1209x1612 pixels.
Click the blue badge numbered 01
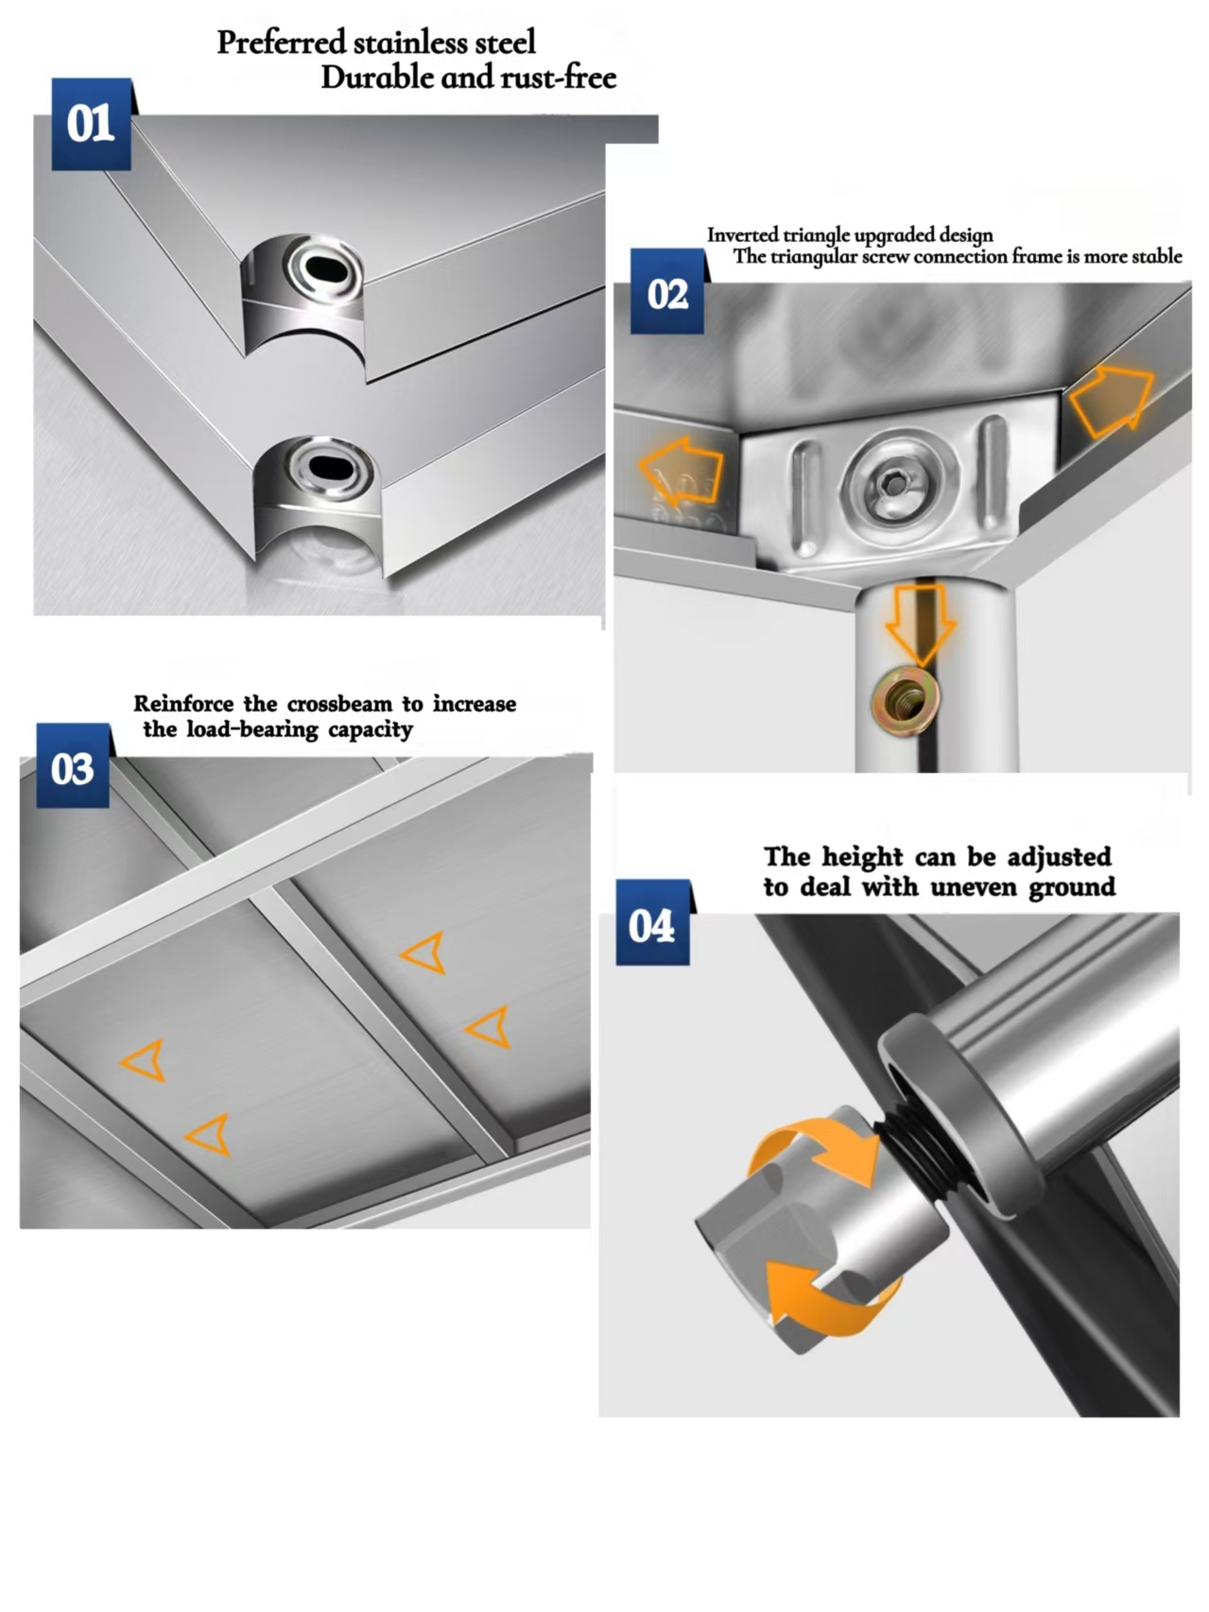tap(91, 124)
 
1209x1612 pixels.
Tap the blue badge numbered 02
tap(667, 294)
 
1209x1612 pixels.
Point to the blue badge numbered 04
tap(652, 925)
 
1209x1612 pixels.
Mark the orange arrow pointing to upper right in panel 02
tap(1114, 398)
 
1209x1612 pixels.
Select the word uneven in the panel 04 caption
tap(974, 887)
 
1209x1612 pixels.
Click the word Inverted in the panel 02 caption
tap(743, 234)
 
